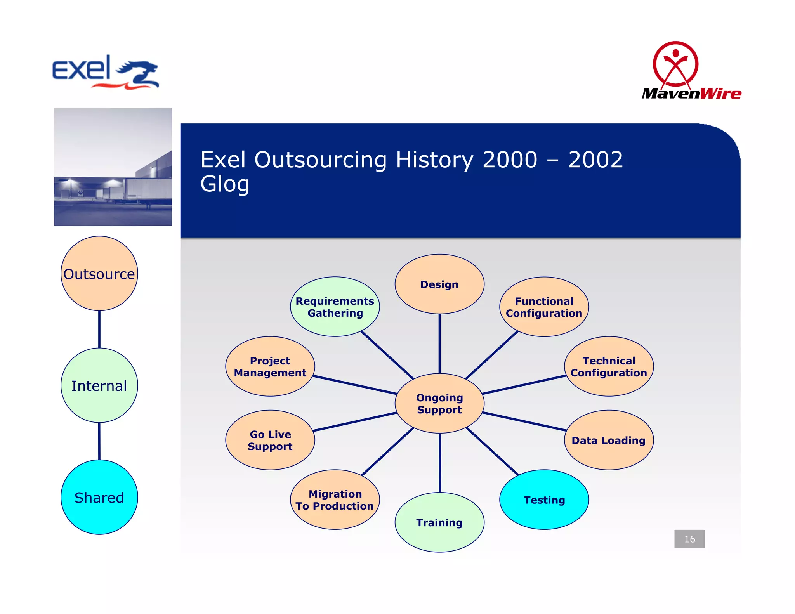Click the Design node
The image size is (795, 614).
tap(439, 284)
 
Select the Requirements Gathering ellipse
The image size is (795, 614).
tap(335, 307)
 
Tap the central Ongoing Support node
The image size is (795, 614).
tap(439, 403)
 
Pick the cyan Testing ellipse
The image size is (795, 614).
tap(544, 500)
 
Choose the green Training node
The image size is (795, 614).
tap(439, 522)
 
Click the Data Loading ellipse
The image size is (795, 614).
tap(609, 440)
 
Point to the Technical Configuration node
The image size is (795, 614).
tap(609, 366)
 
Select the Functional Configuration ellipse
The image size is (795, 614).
tap(544, 307)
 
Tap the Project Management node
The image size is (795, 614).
tap(270, 366)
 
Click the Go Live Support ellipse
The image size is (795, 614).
tap(270, 440)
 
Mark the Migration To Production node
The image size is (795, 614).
tap(335, 500)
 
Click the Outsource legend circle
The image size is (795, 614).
tap(99, 274)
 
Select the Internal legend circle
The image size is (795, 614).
tap(99, 385)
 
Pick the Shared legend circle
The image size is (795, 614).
tap(99, 497)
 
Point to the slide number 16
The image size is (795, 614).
tap(689, 539)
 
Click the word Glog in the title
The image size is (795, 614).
tap(225, 184)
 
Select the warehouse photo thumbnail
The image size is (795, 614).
tap(113, 167)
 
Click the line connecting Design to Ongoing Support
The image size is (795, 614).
tap(439, 343)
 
